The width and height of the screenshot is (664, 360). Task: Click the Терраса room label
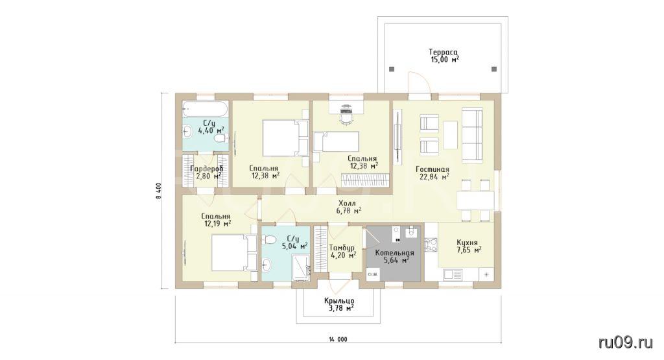click(444, 56)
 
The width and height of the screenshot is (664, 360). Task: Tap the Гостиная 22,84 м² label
click(433, 173)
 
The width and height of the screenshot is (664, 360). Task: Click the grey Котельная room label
click(394, 257)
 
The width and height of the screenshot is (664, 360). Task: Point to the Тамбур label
click(342, 251)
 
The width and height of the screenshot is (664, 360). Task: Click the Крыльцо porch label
click(339, 304)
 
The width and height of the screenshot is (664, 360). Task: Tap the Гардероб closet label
click(207, 173)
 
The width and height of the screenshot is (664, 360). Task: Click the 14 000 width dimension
click(338, 339)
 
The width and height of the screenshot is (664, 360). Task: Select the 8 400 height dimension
click(159, 191)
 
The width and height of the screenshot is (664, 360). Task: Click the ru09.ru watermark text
click(626, 342)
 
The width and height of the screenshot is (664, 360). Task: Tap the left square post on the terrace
click(392, 69)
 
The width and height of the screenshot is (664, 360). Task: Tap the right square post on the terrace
click(493, 69)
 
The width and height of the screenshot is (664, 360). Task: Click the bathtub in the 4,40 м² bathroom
click(206, 109)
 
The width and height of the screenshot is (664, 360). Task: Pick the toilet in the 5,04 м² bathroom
click(268, 240)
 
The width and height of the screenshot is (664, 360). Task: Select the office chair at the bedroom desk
click(346, 114)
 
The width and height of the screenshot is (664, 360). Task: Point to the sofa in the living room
click(472, 135)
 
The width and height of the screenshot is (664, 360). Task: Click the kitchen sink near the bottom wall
click(453, 274)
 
